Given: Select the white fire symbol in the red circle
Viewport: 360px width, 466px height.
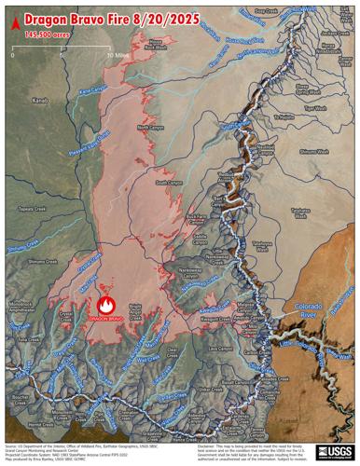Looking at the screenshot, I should [105, 304].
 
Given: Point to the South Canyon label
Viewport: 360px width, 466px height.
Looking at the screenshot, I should [169, 183].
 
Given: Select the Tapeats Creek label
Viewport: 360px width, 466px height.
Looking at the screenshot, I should [32, 211].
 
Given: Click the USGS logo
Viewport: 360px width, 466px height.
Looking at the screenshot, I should [332, 451].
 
